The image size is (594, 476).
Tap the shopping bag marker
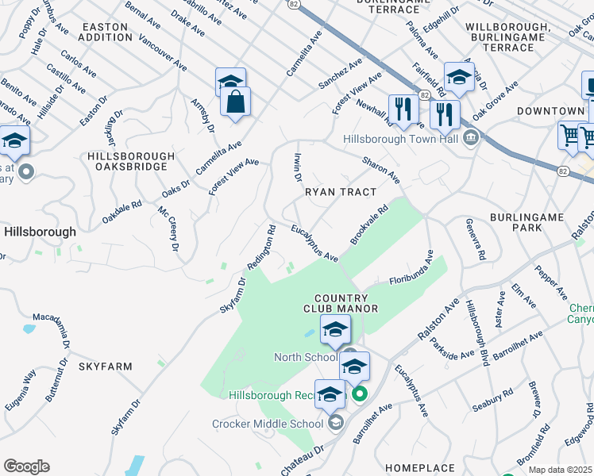235,102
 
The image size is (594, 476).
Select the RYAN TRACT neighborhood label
340,192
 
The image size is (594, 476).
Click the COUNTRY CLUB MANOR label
340,301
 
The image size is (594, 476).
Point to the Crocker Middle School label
268,424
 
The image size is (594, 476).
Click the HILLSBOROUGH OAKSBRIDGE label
131,161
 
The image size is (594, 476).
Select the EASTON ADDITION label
105,32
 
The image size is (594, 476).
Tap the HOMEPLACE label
419,469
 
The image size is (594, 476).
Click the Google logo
26,466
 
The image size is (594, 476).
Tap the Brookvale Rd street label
368,225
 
